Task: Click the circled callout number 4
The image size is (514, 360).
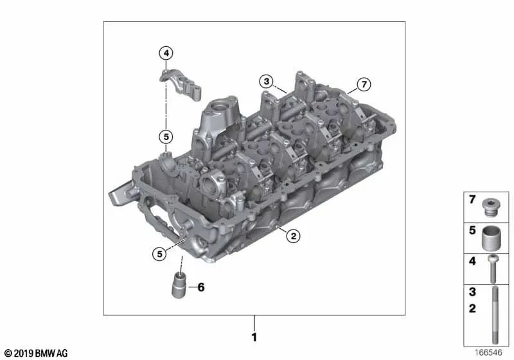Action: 166,53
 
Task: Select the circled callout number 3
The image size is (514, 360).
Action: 265,81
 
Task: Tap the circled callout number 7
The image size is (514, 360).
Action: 364,84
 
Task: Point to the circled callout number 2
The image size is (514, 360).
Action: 292,236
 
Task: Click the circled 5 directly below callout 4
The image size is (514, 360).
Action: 166,136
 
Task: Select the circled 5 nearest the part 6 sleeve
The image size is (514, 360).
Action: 157,253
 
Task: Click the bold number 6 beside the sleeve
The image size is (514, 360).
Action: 200,287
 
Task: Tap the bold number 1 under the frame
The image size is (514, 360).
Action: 254,337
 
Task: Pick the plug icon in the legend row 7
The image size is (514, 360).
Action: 492,206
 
